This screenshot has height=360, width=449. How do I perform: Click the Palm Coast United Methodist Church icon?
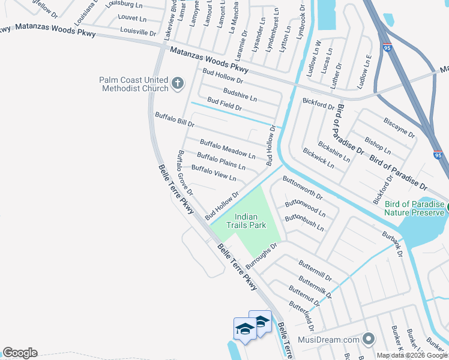pyautogui.click(x=178, y=83)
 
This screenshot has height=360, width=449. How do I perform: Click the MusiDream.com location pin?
pyautogui.click(x=369, y=340)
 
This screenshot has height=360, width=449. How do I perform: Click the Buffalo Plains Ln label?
pyautogui.click(x=221, y=161)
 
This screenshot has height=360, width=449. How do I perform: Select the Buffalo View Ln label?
pyautogui.click(x=213, y=174)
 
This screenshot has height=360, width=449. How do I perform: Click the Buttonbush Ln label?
pyautogui.click(x=304, y=223)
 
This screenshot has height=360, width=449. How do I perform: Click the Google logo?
pyautogui.click(x=20, y=353)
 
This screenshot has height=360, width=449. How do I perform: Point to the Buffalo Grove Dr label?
pyautogui.click(x=184, y=173)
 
